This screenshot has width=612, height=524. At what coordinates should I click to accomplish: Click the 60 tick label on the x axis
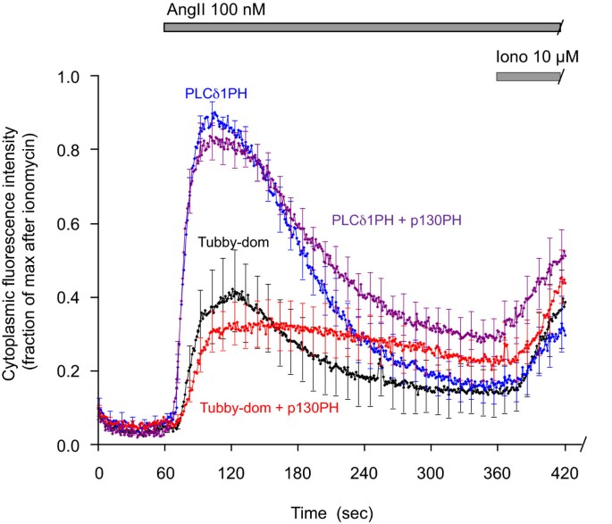164,470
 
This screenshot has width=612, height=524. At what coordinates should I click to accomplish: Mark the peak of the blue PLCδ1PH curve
213,113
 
